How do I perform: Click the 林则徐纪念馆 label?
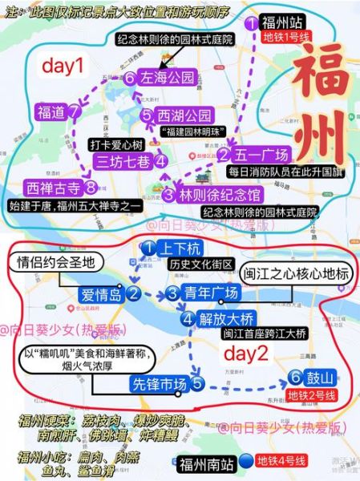(221, 194)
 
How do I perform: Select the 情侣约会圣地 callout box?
(51, 261)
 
